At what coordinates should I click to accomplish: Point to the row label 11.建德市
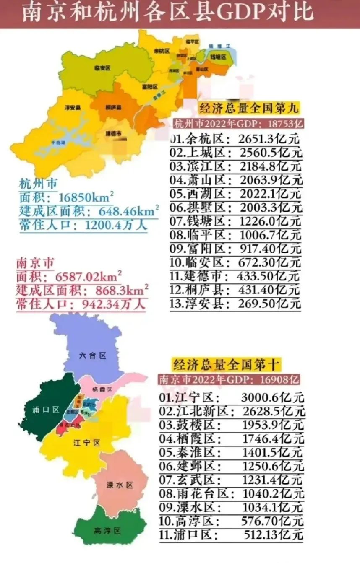click(200, 276)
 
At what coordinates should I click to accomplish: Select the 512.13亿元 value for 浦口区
click(273, 535)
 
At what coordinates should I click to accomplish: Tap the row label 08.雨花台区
click(195, 494)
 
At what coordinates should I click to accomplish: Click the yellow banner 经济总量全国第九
click(249, 108)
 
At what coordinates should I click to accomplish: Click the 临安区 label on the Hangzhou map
click(102, 67)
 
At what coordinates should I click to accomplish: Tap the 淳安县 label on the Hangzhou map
click(73, 108)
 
